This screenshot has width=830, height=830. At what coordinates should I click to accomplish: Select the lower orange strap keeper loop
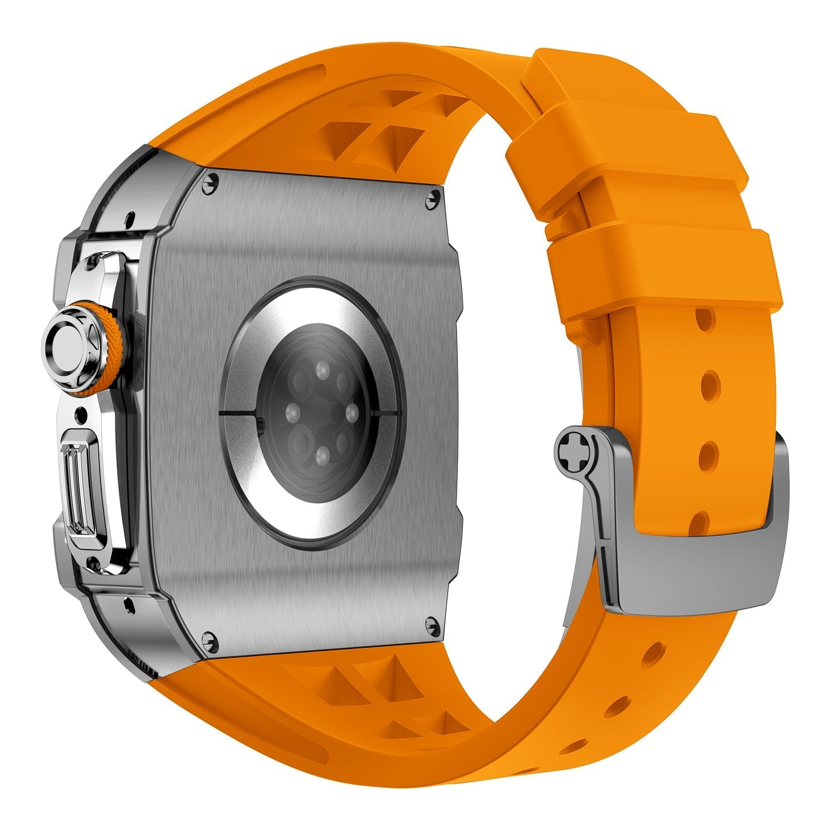click(x=661, y=270)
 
